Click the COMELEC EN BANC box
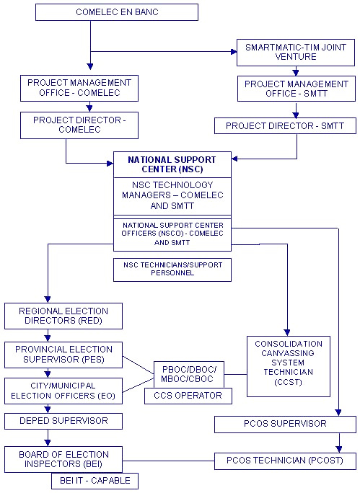pyautogui.click(x=117, y=12)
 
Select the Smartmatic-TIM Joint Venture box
pyautogui.click(x=296, y=53)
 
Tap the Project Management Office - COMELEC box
pyautogui.click(x=79, y=88)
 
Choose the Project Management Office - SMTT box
pyautogui.click(x=297, y=89)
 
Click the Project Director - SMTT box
pyautogui.click(x=285, y=125)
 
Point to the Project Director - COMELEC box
pyautogui.click(x=79, y=125)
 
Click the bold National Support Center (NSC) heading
pyautogui.click(x=172, y=164)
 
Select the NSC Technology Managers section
pyautogui.click(x=172, y=196)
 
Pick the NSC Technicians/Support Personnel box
pyautogui.click(x=172, y=270)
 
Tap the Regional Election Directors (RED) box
pyautogui.click(x=63, y=316)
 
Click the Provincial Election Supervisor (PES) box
pyautogui.click(x=63, y=355)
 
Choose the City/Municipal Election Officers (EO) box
pyautogui.click(x=63, y=391)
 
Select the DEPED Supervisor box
pyautogui.click(x=63, y=421)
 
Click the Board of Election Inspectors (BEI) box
pyautogui.click(x=63, y=459)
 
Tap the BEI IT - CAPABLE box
pyautogui.click(x=95, y=481)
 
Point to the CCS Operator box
pyautogui.click(x=188, y=396)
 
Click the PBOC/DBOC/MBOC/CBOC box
pyautogui.click(x=189, y=375)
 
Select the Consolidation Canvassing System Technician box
pyautogui.click(x=289, y=366)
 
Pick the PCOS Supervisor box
pyautogui.click(x=285, y=424)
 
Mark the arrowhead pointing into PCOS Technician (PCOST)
pyautogui.click(x=339, y=449)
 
